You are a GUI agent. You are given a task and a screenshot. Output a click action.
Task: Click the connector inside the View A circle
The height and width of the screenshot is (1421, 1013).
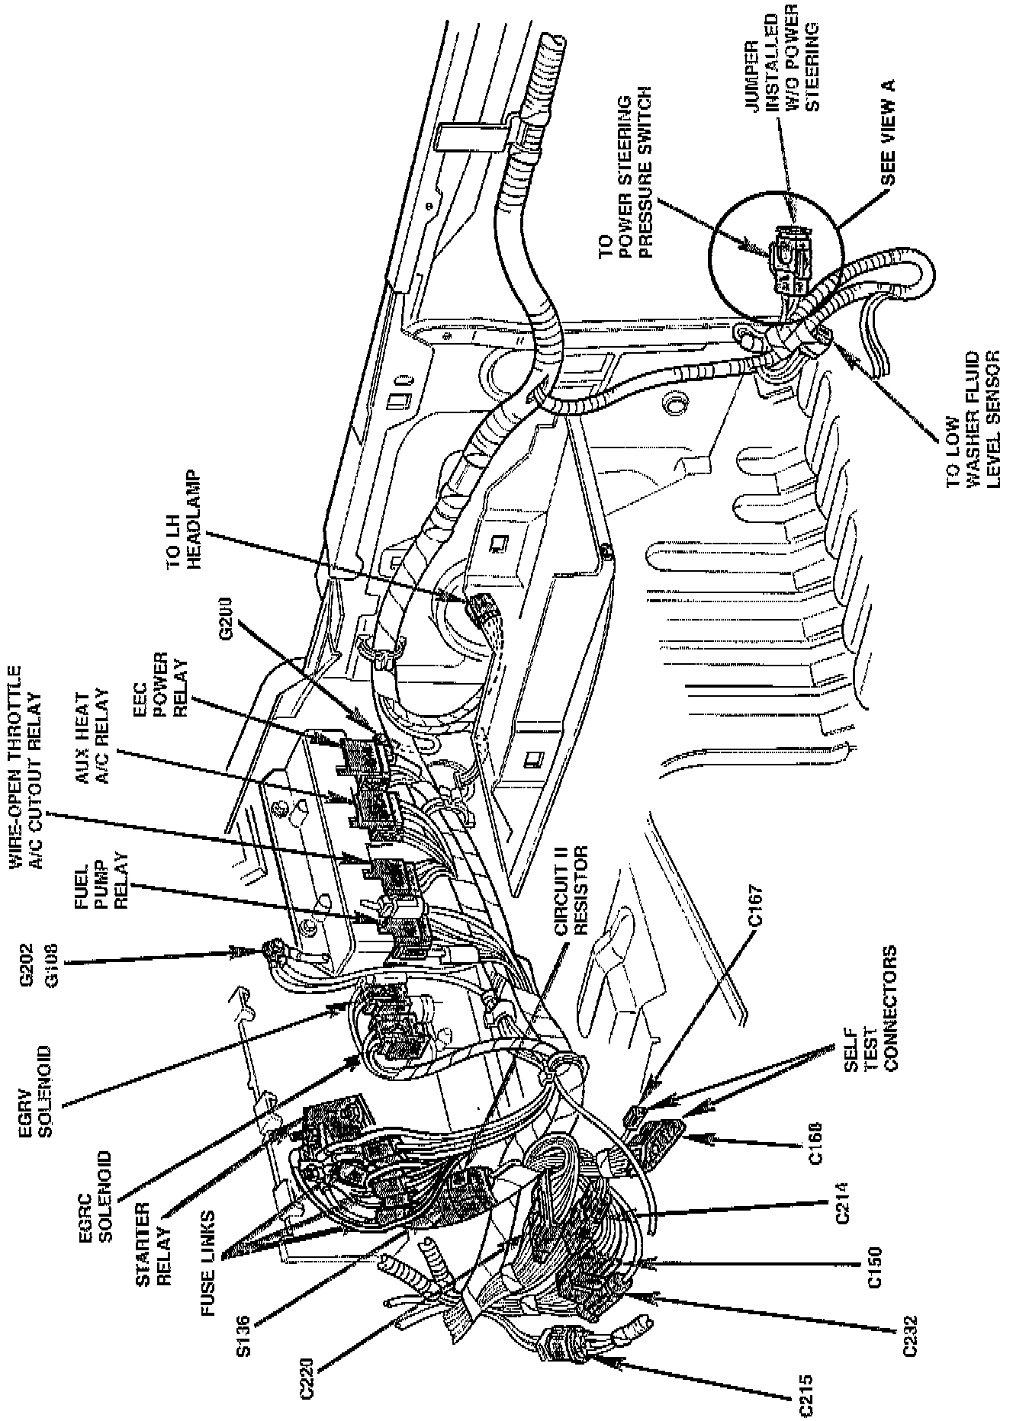[x=787, y=260]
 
